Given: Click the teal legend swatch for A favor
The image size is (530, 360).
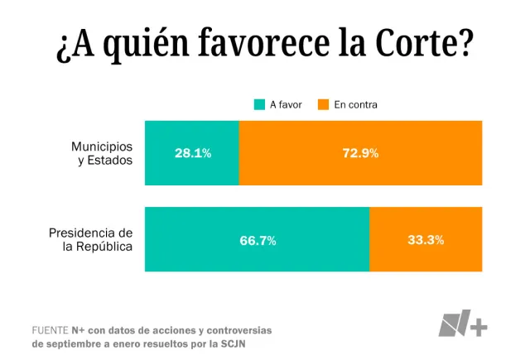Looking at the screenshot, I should pos(260,105).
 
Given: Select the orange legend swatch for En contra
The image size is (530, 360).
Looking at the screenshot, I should pos(324,105).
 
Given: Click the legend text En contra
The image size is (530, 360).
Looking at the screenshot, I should pos(356,105).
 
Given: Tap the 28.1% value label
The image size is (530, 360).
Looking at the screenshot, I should pos(192,153).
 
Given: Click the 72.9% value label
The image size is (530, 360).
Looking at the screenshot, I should pos(360,153).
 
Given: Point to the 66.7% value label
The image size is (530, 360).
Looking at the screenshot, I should pos(258,240).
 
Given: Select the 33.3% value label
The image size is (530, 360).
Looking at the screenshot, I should pos(426,240).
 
